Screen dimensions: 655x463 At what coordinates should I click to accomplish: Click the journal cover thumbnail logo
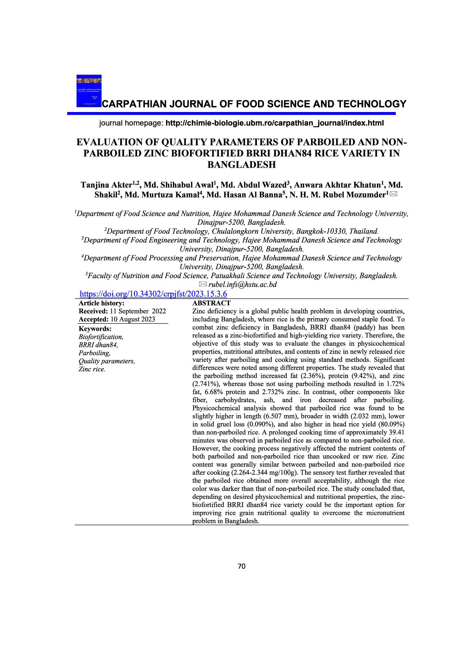89,91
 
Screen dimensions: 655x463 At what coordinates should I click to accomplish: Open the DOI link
154,294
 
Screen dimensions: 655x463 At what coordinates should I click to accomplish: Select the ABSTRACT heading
211,303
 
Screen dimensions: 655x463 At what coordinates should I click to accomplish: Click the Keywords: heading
95,329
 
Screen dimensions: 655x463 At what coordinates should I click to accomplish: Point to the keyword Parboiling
94,353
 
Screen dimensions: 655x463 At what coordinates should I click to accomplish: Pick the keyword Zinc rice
92,369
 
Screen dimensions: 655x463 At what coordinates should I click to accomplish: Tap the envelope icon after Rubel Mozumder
394,194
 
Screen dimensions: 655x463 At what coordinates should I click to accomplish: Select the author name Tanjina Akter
106,185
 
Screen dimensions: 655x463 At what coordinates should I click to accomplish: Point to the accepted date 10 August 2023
133,319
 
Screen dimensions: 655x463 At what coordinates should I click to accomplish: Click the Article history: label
101,303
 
